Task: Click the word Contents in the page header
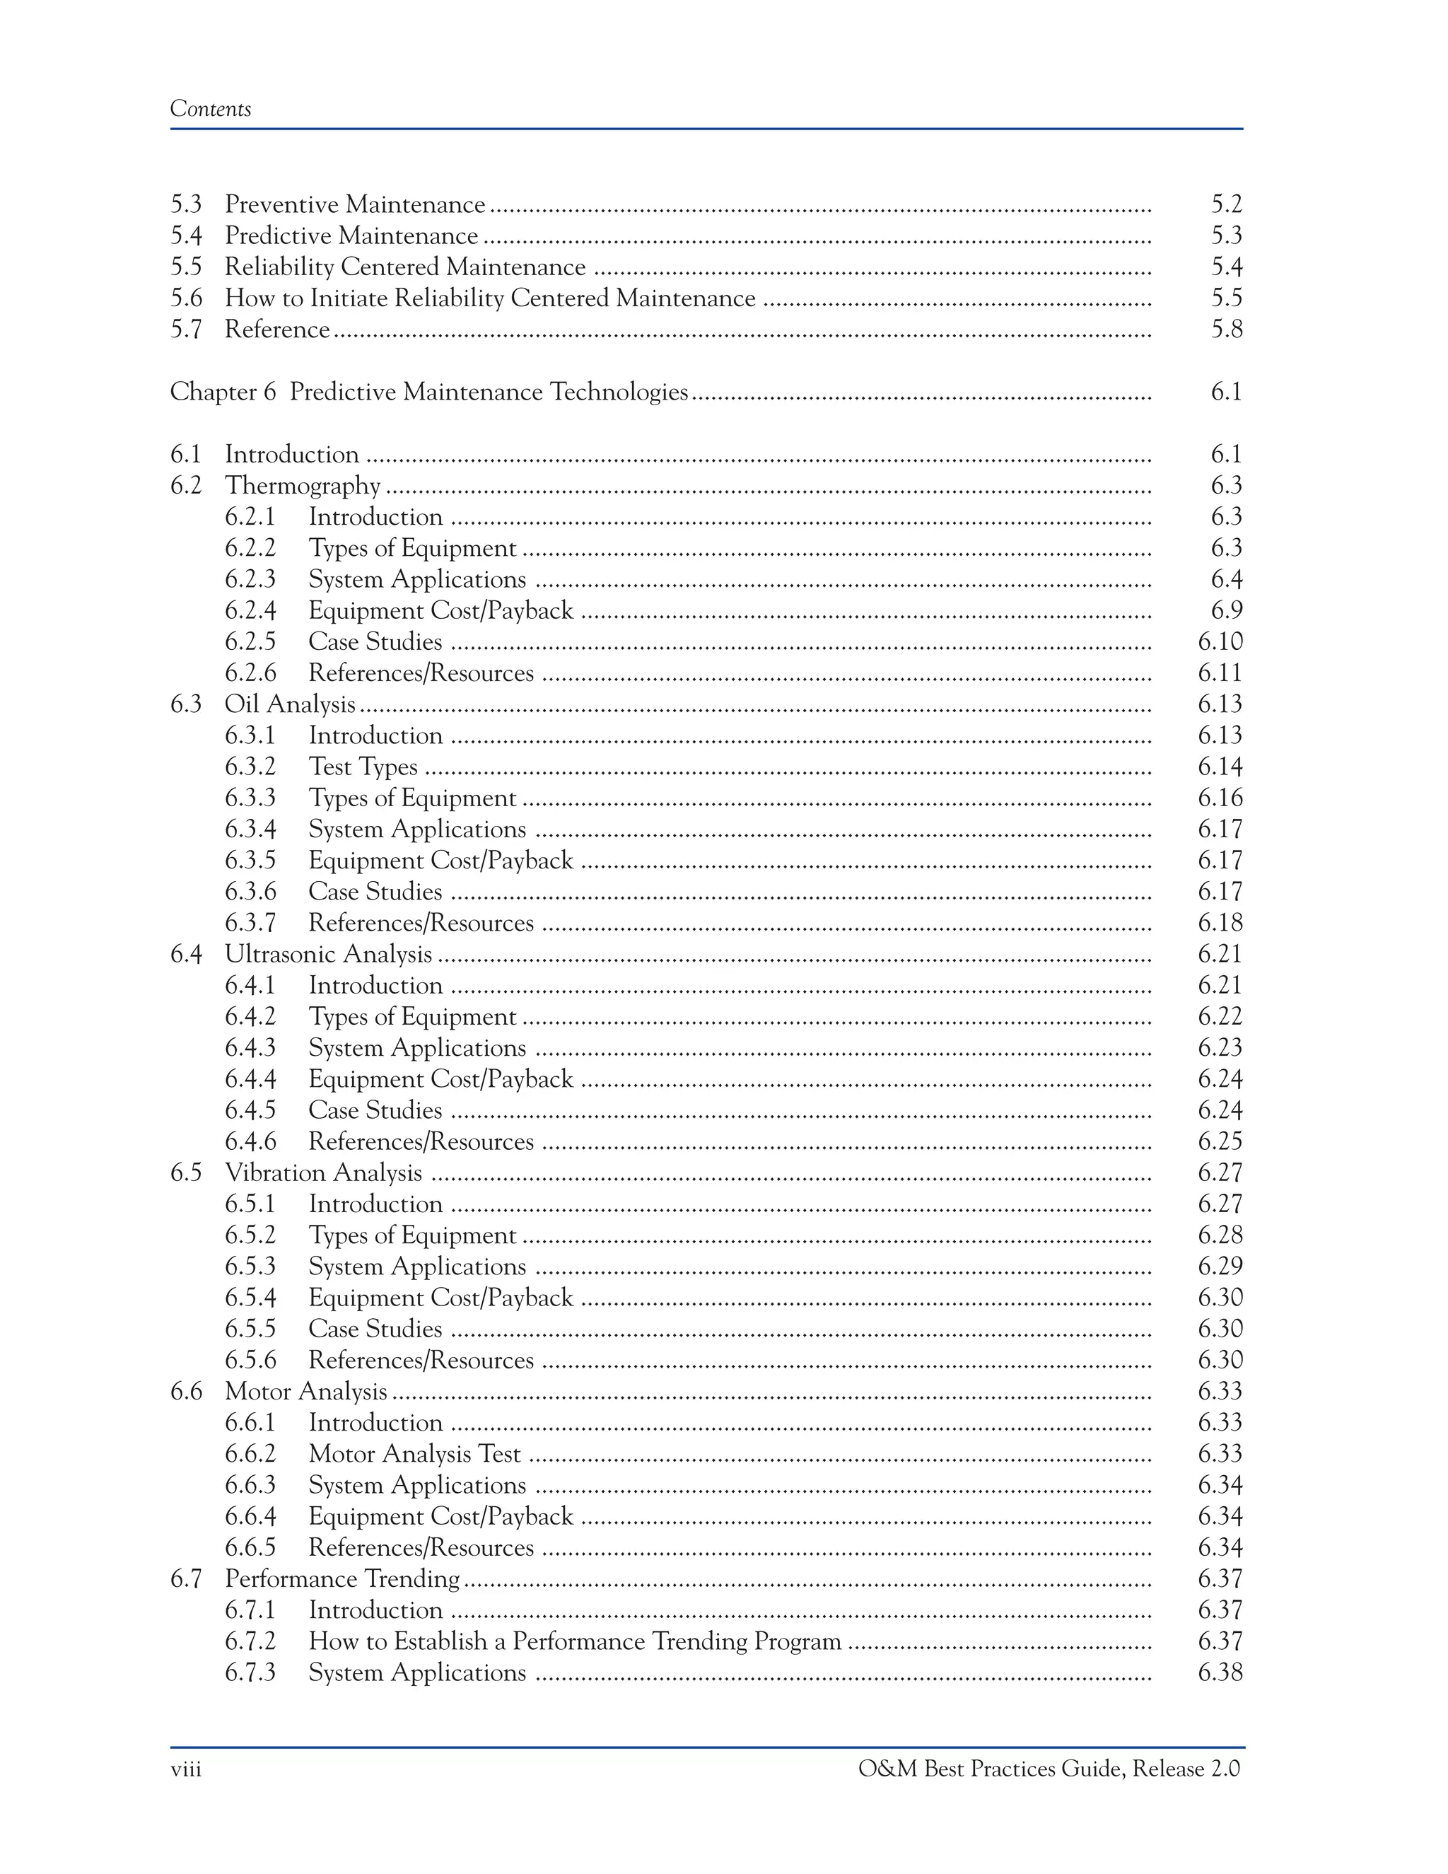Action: tap(210, 109)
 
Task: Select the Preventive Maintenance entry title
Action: tap(354, 205)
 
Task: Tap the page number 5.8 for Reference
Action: tap(1226, 330)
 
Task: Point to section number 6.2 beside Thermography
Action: tap(185, 486)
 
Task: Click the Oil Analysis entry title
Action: tap(289, 704)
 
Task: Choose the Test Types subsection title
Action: tap(363, 767)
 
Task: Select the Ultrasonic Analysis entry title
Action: tap(327, 954)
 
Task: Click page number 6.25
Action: tap(1220, 1142)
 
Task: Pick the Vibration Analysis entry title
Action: tap(322, 1173)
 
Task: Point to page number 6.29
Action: tap(1220, 1267)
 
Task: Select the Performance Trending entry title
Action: tap(341, 1579)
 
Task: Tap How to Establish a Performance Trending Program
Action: tap(575, 1641)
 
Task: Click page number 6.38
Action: tap(1220, 1672)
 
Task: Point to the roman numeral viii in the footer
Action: tap(185, 1769)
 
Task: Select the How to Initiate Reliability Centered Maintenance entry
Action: tap(489, 298)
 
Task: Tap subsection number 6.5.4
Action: tap(250, 1298)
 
